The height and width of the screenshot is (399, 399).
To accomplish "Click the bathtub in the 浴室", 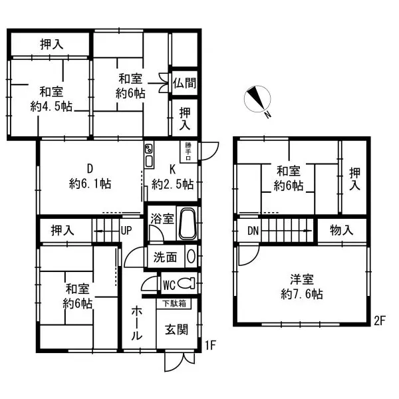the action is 188,224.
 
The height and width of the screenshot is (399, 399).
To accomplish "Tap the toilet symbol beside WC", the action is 186,284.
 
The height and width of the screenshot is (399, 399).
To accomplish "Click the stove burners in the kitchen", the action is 148,148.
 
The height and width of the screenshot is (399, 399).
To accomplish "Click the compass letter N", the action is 267,115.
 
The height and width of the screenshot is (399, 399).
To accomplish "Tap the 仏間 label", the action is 184,83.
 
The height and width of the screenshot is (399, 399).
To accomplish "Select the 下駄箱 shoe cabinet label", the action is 174,304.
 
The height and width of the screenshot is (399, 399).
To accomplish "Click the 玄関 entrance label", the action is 176,330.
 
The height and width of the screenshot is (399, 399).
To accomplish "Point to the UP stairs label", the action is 126,231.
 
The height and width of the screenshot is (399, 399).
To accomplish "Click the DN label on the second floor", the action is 253,231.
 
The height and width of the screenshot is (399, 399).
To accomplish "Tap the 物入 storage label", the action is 342,231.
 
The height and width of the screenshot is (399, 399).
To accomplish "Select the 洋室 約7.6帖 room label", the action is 302,287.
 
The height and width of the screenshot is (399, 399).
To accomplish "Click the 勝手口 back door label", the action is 188,152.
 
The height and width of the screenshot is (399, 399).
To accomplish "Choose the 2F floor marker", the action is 380,321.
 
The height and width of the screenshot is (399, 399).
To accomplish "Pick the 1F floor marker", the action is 210,345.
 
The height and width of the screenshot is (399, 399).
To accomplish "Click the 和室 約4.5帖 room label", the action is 51,99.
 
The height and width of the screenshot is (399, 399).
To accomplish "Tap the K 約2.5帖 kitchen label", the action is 172,177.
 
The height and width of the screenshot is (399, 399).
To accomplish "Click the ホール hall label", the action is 136,323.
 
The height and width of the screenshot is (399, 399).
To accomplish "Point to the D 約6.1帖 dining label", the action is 90,176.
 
